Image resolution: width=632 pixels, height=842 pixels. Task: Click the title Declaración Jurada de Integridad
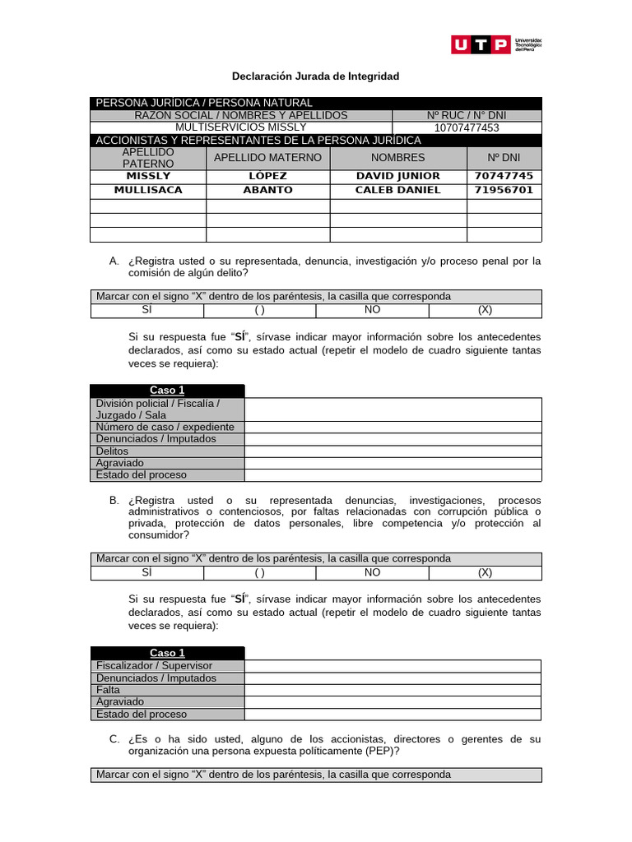(x=315, y=76)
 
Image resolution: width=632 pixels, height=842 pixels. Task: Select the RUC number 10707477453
(x=467, y=127)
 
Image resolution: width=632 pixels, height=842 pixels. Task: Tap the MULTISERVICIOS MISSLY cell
(x=241, y=127)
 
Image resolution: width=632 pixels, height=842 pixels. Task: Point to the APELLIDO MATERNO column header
(x=267, y=158)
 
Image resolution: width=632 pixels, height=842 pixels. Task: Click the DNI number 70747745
(x=504, y=176)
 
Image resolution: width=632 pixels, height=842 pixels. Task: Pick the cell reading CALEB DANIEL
(x=398, y=190)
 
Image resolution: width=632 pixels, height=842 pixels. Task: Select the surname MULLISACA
(x=148, y=190)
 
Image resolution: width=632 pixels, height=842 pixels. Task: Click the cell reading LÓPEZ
(x=267, y=176)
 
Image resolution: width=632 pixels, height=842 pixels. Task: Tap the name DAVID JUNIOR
(x=398, y=176)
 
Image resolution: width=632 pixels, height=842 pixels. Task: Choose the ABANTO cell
(x=267, y=190)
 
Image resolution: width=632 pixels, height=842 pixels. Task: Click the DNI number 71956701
(x=504, y=190)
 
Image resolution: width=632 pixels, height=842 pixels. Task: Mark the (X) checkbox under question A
(x=485, y=310)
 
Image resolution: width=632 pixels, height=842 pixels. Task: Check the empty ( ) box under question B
(x=259, y=572)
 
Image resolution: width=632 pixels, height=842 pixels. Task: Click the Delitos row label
(x=113, y=451)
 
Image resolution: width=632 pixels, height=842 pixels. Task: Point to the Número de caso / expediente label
(x=165, y=427)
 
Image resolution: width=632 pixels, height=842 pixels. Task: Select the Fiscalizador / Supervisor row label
(x=154, y=665)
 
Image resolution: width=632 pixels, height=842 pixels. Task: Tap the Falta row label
(x=108, y=690)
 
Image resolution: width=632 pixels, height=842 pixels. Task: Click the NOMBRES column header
(x=398, y=158)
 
